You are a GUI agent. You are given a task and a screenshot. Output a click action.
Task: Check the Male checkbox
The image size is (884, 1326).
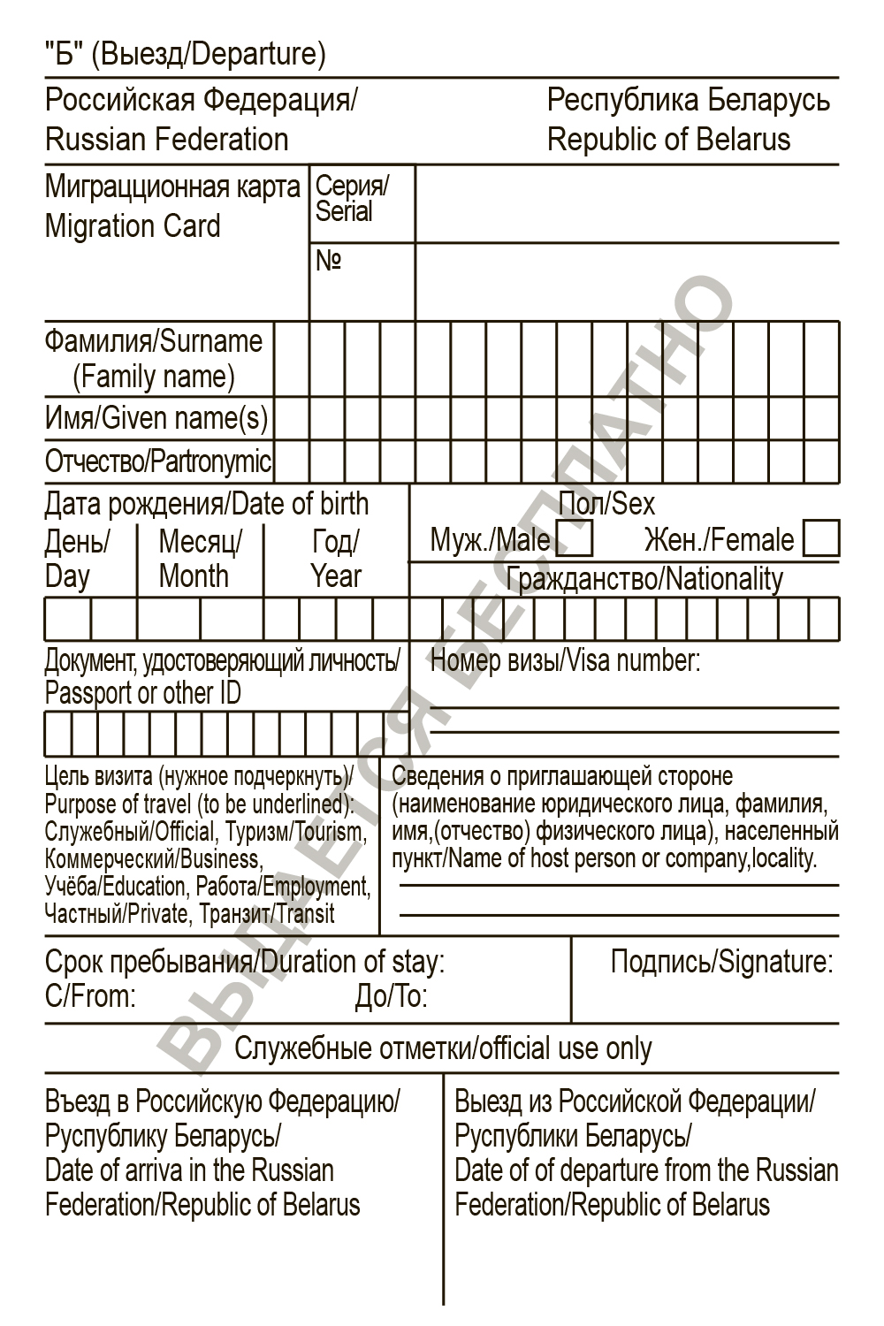575,538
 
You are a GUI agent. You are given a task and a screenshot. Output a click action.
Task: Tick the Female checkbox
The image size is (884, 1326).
821,538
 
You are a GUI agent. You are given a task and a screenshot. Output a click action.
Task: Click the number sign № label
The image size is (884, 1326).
328,261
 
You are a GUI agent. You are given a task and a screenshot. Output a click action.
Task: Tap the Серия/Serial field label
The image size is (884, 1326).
351,199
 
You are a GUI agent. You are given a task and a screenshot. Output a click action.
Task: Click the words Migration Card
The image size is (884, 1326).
133,226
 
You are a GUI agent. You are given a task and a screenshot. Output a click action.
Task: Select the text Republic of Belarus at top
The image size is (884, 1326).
668,140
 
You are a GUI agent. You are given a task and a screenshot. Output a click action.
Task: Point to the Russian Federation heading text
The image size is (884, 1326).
166,140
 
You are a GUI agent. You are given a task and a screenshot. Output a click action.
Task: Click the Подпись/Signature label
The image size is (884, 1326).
721,962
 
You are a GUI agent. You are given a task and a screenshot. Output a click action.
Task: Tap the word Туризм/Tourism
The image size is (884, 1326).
294,831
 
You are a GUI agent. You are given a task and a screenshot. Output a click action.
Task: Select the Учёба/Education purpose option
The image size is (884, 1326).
116,886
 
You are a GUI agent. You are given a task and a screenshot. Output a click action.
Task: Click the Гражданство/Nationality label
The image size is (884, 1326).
644,579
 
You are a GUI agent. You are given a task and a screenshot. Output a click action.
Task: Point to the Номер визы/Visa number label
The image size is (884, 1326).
565,660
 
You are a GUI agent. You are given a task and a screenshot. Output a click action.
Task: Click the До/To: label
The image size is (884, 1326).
391,997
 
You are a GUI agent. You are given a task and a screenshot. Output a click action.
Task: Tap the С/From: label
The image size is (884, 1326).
90,997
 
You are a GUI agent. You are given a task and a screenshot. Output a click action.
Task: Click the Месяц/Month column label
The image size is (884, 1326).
199,558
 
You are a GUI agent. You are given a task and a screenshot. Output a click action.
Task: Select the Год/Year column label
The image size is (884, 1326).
336,558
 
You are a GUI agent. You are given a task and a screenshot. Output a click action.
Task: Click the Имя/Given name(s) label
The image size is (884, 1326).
156,418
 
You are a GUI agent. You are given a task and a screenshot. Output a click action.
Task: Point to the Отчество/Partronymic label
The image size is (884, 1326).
158,461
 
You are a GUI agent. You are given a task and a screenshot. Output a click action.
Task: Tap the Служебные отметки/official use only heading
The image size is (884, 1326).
443,1048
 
